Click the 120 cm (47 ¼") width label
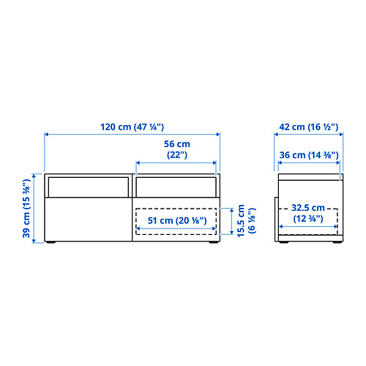[132, 127]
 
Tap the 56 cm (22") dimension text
[177, 149]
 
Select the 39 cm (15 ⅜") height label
[26, 209]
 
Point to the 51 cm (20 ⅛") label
[177, 220]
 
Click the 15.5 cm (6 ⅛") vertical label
[247, 220]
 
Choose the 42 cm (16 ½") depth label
[309, 127]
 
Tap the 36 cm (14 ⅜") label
[309, 155]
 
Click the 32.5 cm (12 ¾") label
[308, 213]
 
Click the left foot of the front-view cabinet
[51, 242]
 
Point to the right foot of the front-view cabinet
[214, 242]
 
